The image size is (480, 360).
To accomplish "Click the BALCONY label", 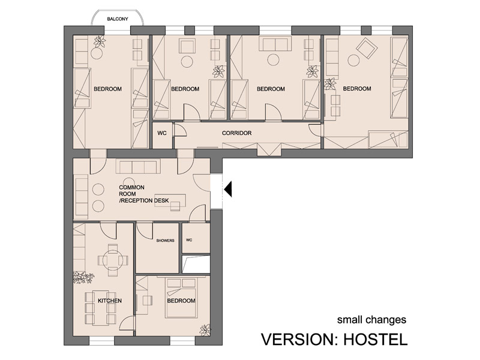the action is point(118,19).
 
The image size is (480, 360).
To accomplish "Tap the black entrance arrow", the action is point(229,189).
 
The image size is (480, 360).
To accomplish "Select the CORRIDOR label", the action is point(236,133).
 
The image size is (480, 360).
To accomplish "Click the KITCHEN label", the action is point(110,301).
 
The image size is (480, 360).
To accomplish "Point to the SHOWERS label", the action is point(166,241).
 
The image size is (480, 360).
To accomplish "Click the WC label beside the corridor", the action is point(162,133).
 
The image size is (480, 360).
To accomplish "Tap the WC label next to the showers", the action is point(189,240).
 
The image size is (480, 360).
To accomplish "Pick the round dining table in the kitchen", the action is point(112,260).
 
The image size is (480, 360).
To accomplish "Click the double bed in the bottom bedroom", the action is point(181,298).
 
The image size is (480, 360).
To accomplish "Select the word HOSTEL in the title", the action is point(376,339).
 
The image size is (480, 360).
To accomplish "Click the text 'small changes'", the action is point(371,320).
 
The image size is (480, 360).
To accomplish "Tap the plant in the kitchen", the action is point(83,277).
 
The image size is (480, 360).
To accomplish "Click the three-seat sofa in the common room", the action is point(138,167).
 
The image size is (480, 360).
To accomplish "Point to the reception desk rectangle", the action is point(170,200).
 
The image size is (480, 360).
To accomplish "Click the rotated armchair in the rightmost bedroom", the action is point(367,48).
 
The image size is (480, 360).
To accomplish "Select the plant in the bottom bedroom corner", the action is point(205,329).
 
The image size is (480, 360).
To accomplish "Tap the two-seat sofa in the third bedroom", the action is point(275,43).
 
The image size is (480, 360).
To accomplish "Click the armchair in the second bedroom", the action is point(187,47).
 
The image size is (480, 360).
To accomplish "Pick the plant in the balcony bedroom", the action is point(100,41).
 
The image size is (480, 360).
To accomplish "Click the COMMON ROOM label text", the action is point(131,191).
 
